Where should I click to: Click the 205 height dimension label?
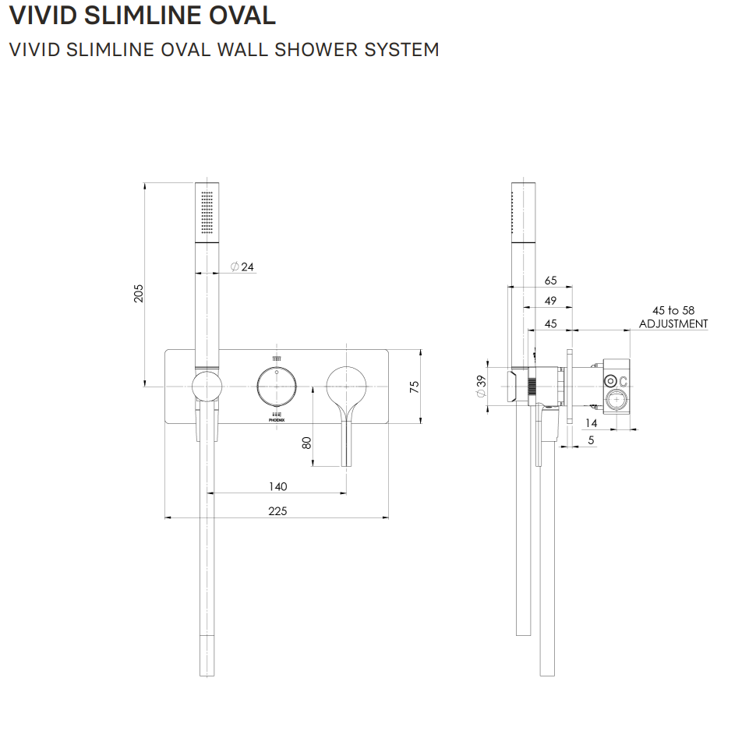[x=139, y=292]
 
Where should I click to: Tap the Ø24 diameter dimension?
[x=242, y=267]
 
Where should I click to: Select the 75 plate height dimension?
[x=415, y=386]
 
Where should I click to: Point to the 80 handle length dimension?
[x=307, y=441]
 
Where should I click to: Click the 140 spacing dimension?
[x=277, y=486]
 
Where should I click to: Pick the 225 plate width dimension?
[x=277, y=510]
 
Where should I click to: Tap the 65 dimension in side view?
[x=551, y=281]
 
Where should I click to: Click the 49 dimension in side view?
[x=551, y=302]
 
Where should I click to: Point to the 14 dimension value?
[x=591, y=422]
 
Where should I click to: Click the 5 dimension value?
[x=591, y=440]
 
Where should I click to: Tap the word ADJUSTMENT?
[x=673, y=323]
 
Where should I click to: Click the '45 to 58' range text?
[x=673, y=310]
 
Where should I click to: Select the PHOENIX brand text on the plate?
[x=276, y=419]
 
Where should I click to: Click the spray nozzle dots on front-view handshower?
[x=207, y=212]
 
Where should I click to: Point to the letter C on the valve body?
[x=624, y=380]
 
